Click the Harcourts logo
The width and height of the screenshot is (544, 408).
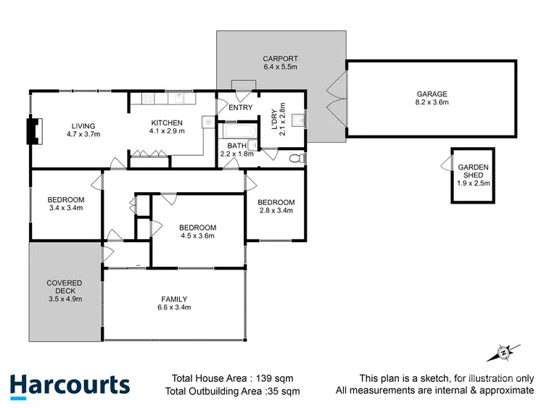[70, 385]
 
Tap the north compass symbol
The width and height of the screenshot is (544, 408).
[502, 352]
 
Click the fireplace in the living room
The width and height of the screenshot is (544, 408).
[31, 130]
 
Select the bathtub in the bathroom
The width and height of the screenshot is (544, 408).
[237, 132]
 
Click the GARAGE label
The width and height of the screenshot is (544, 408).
[432, 93]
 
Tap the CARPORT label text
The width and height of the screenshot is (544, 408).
[280, 59]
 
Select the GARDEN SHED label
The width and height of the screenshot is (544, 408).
[473, 171]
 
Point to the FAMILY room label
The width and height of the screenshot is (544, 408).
[174, 299]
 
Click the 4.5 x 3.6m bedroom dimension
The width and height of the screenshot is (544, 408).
[198, 236]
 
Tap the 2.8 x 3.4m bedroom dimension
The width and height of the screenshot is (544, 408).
[276, 211]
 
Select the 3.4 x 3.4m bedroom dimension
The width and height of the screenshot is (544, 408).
[65, 209]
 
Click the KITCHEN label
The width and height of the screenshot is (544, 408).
[167, 122]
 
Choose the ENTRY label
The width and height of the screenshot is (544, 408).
[240, 108]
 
